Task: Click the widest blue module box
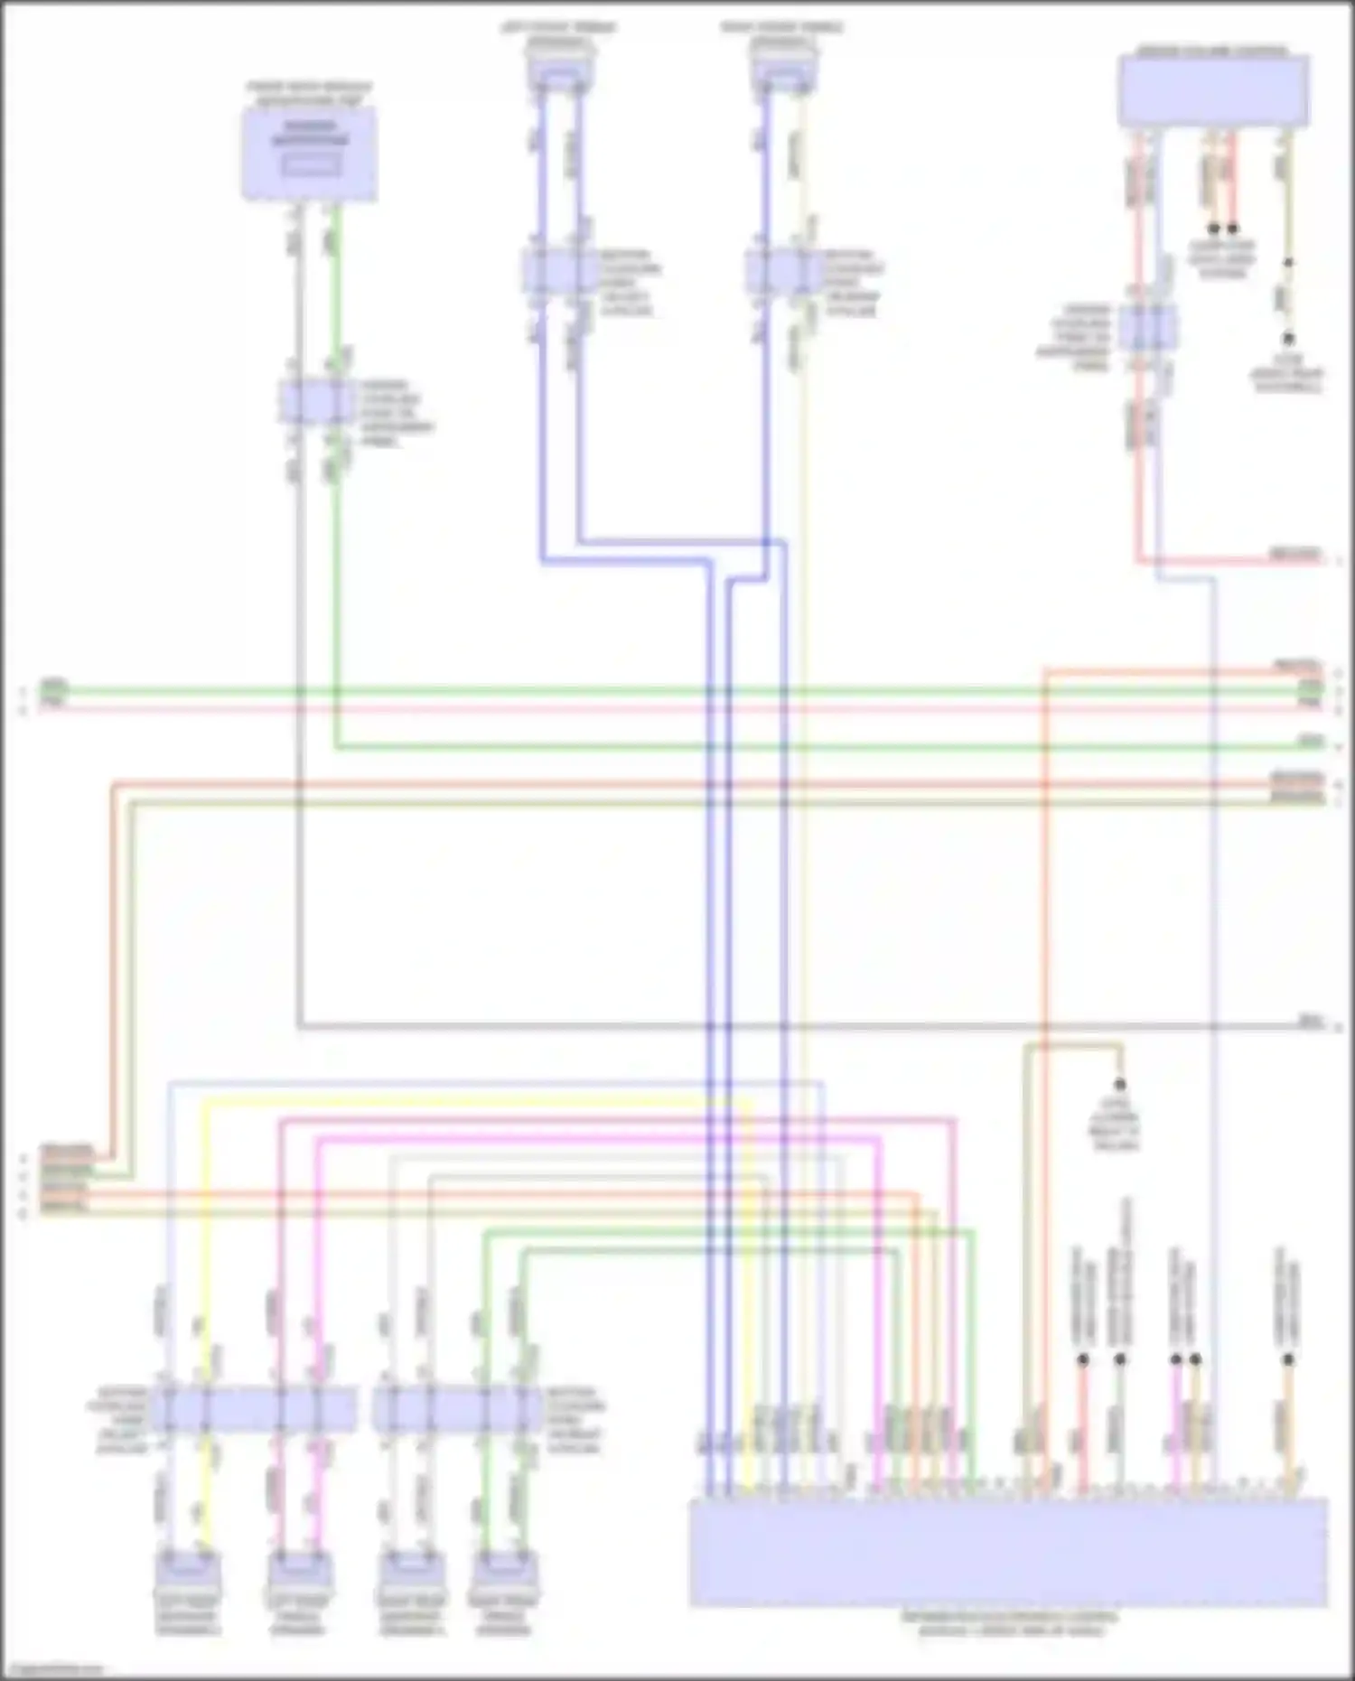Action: [x=1008, y=1552]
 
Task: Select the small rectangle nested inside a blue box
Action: [x=310, y=166]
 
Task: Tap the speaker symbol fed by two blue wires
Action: [x=560, y=72]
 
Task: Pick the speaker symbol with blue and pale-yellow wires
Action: [x=784, y=72]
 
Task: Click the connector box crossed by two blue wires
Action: [x=558, y=271]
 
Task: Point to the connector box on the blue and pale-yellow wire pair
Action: [x=782, y=271]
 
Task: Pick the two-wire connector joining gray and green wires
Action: [x=315, y=402]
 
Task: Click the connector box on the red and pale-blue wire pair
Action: [x=1147, y=327]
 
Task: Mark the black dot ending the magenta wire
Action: [x=1176, y=1359]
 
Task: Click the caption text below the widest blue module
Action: [x=1009, y=1623]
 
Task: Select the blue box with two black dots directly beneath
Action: [x=1213, y=90]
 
